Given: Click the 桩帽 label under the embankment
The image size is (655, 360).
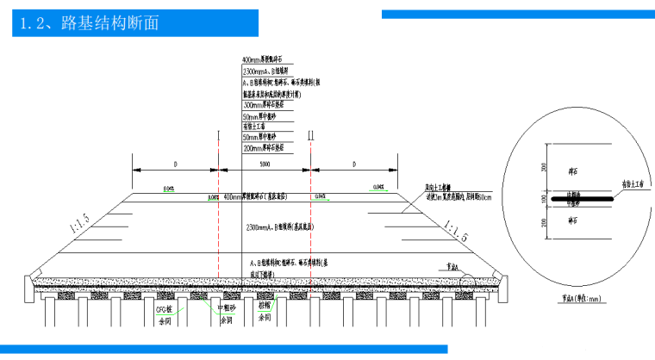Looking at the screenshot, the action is (263, 307).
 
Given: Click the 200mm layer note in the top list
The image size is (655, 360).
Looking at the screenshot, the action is (268, 147).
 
